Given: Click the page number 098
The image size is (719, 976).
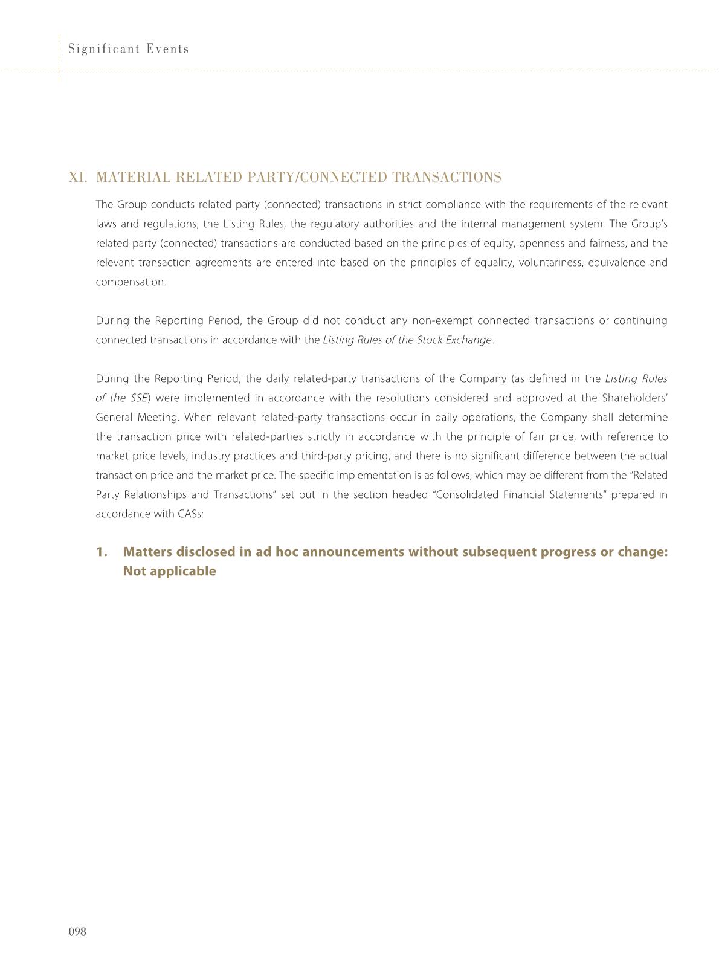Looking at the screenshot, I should [77, 931].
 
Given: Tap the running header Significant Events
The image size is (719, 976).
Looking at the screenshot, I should [129, 49].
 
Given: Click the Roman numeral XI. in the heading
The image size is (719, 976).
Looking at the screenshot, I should [79, 177].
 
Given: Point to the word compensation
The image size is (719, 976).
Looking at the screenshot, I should [130, 282].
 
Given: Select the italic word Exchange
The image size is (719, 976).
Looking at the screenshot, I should [469, 340].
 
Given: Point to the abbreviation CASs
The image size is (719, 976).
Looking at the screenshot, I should [190, 514].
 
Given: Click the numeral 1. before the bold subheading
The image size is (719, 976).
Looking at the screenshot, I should [102, 552].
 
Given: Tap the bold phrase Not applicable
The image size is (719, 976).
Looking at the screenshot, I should [169, 572].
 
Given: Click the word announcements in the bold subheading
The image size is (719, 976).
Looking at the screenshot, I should [353, 552].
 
